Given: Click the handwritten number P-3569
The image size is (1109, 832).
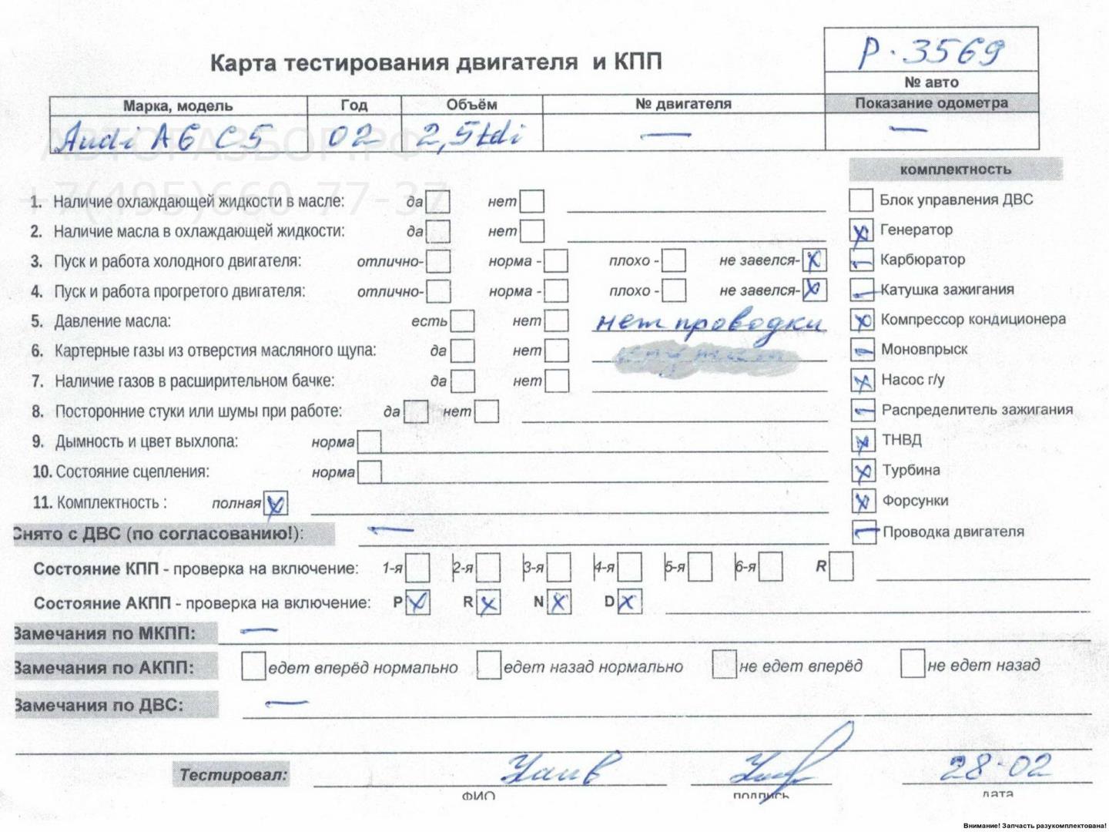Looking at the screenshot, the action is tap(931, 52).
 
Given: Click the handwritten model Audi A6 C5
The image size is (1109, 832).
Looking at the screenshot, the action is tap(162, 138).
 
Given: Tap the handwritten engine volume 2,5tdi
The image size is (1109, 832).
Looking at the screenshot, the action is tap(469, 136).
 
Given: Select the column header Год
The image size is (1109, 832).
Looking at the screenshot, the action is tap(353, 105).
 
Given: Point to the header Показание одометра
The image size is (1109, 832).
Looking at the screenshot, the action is tap(931, 103).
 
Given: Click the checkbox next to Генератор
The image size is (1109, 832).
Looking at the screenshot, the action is tap(861, 230).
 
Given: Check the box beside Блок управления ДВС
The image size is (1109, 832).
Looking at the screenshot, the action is tap(860, 200).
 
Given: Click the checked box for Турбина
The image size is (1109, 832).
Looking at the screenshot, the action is tap(863, 471).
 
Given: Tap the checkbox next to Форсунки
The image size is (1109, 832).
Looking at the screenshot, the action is tap(863, 502).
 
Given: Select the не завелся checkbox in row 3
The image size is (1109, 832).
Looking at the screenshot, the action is tap(813, 260).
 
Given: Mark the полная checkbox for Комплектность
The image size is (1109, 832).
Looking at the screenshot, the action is tap(276, 504).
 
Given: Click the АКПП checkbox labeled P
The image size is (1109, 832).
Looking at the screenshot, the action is tap(417, 602).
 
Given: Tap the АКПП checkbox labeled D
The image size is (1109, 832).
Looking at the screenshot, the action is tap(629, 602).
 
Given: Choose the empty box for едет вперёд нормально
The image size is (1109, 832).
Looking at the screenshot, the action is tap(253, 666).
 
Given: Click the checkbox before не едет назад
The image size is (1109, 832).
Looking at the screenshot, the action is tap(912, 663).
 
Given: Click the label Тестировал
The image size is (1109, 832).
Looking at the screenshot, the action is tap(233, 774).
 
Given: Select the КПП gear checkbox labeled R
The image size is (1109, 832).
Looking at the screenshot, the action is tap(841, 567).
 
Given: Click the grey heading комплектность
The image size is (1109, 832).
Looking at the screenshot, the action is tap(955, 169).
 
